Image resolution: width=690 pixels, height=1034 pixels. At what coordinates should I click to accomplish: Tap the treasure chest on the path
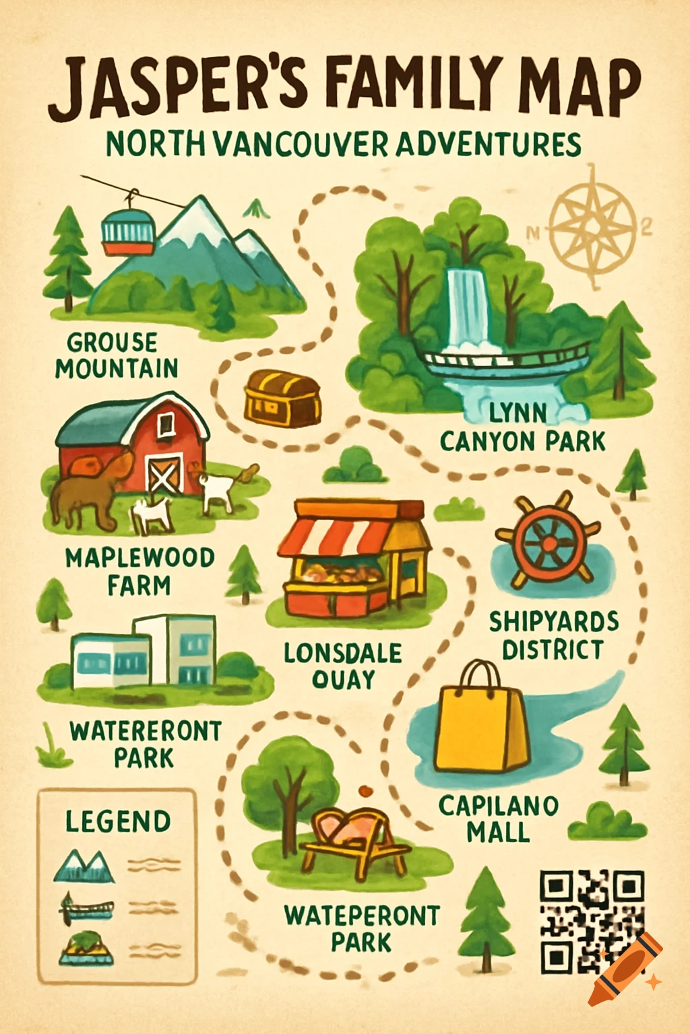click(x=282, y=399)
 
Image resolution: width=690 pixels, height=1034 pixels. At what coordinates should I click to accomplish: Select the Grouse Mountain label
click(x=117, y=355)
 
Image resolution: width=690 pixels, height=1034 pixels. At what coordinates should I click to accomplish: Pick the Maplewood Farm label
click(x=140, y=571)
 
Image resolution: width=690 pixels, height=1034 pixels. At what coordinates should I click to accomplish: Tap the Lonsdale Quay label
click(x=343, y=665)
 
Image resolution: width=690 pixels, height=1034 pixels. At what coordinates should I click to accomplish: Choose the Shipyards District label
click(x=553, y=635)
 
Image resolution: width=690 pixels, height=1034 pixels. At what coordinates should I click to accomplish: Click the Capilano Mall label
click(x=499, y=818)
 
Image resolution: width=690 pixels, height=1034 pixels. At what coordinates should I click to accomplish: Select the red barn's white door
click(x=165, y=475)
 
